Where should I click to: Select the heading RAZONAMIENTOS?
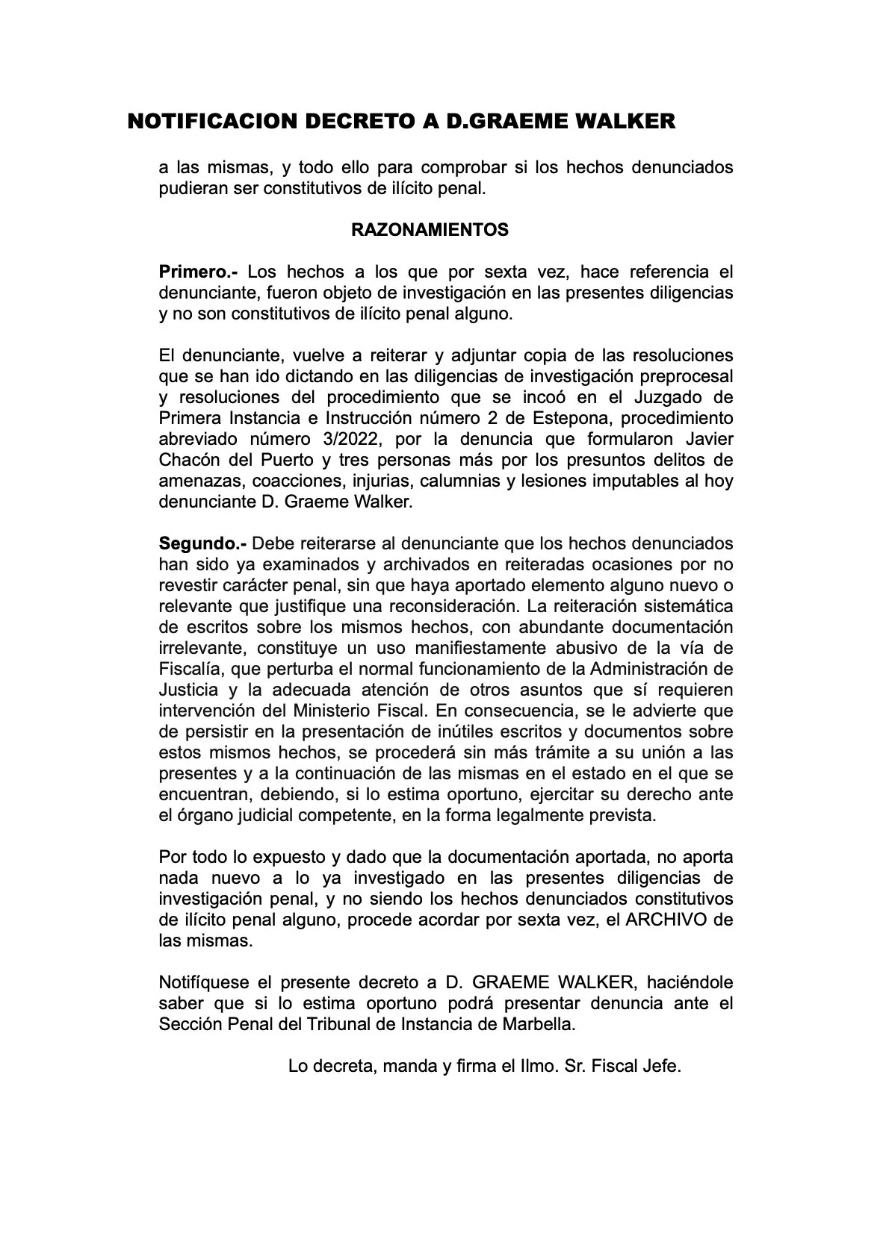[430, 230]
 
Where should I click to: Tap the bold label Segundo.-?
[202, 543]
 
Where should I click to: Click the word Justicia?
[189, 690]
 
